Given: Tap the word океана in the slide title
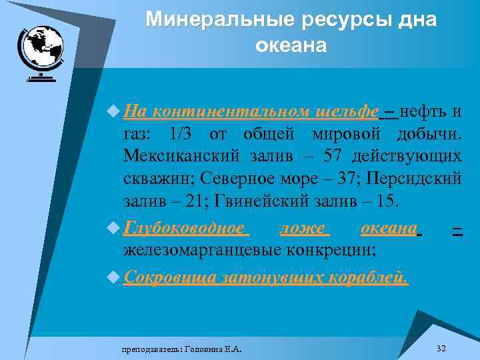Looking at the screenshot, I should [291, 45].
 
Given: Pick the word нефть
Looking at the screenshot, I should [424, 111].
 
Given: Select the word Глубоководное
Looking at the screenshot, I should [185, 229].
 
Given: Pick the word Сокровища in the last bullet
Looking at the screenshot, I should [170, 277].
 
